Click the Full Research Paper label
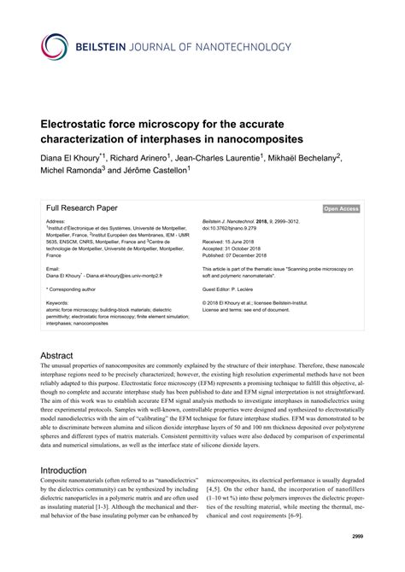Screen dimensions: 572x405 pos(81,207)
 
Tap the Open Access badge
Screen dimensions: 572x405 pos(341,208)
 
